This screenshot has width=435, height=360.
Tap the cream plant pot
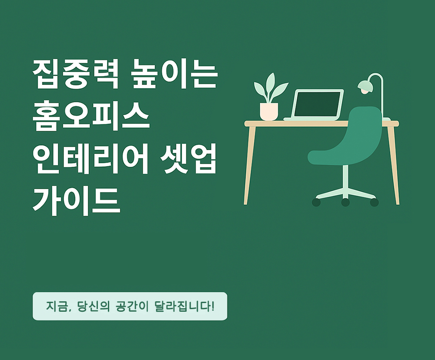269,111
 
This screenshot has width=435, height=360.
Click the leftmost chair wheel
316,202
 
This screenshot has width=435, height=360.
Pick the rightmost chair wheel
374,202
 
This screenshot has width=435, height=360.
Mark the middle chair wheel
345,202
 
